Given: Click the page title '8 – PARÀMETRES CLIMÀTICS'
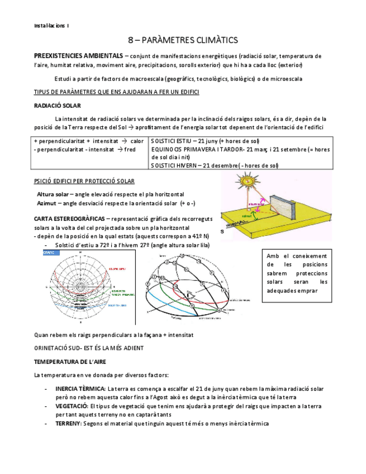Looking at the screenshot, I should pyautogui.click(x=183, y=40).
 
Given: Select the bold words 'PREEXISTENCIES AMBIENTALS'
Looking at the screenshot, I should pyautogui.click(x=78, y=56).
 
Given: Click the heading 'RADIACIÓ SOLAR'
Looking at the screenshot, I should pyautogui.click(x=58, y=106).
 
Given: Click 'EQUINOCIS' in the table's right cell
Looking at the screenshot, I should pyautogui.click(x=168, y=150).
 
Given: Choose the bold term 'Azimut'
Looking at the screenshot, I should pyautogui.click(x=48, y=203).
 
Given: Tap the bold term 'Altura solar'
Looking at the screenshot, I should pyautogui.click(x=53, y=194).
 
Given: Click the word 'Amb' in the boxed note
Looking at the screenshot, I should pyautogui.click(x=274, y=256).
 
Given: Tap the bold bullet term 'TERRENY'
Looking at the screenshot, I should pyautogui.click(x=68, y=424).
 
